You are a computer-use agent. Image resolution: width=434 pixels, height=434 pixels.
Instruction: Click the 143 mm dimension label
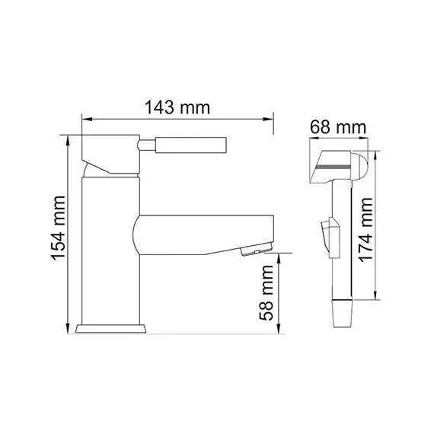[x=177, y=108]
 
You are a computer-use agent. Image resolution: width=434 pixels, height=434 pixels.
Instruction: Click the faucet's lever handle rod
[x=183, y=145]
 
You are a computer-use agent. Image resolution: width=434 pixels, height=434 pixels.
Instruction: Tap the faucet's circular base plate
[x=112, y=329]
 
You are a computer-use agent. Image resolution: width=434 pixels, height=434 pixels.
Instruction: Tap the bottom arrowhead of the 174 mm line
[x=375, y=299]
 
